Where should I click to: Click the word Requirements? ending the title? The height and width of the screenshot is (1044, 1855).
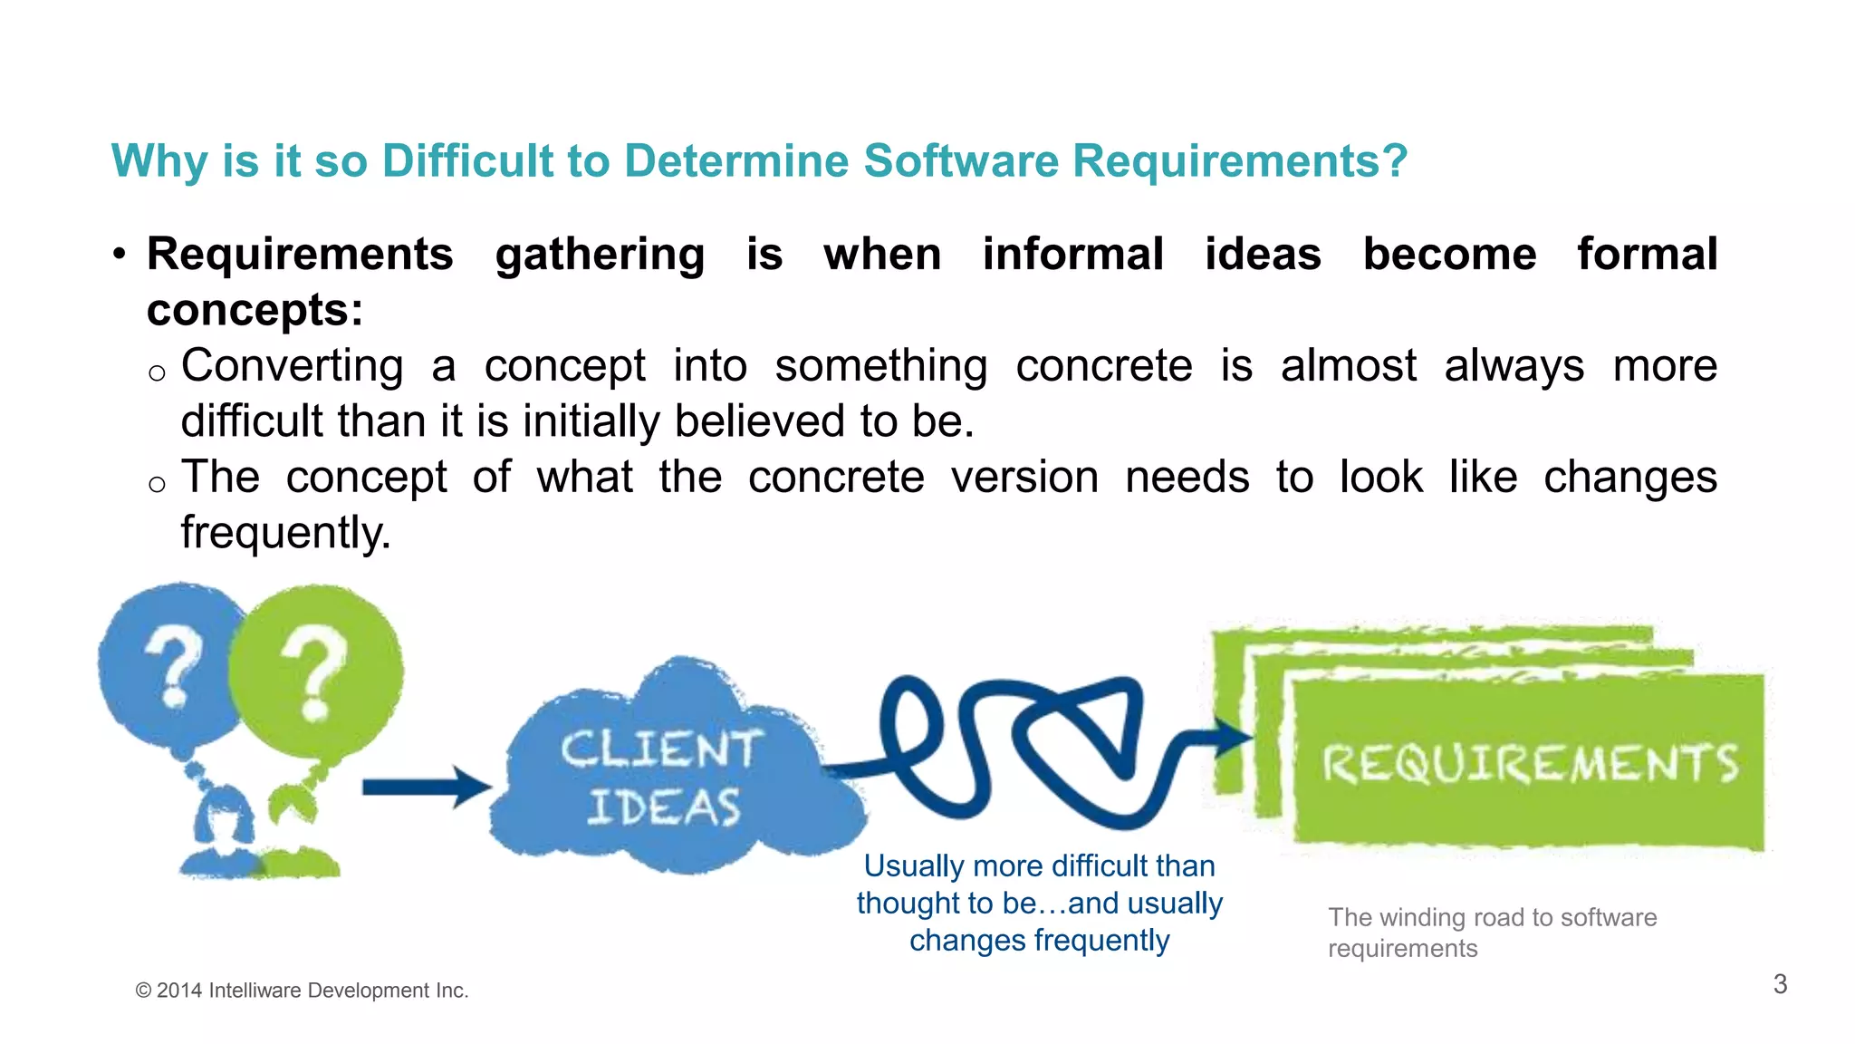tap(1239, 161)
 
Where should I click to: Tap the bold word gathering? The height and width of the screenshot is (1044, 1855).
tap(600, 256)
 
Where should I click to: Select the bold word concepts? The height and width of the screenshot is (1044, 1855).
tap(255, 311)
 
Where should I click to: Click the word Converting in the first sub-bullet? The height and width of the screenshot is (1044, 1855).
tap(292, 367)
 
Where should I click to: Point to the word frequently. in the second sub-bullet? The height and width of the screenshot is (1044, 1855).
tap(285, 533)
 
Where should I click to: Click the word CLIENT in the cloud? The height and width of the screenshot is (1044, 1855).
tap(660, 750)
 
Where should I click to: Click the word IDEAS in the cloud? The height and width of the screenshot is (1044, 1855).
tap(663, 807)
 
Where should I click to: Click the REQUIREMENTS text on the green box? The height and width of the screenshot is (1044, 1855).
tap(1529, 763)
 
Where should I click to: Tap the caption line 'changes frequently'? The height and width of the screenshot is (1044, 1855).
tap(1039, 941)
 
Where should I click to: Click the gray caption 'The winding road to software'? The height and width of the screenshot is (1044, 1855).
tap(1492, 917)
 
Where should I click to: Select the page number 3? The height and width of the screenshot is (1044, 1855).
tap(1780, 984)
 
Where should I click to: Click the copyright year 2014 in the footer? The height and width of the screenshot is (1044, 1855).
tap(178, 991)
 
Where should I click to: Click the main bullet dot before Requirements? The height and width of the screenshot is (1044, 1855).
tap(119, 255)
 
